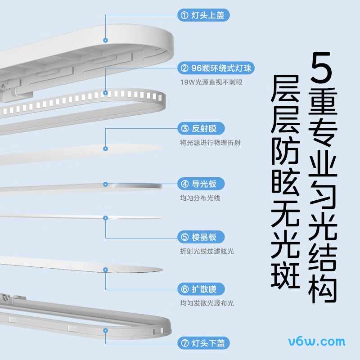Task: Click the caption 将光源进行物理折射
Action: [210, 143]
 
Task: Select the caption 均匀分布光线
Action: [200, 198]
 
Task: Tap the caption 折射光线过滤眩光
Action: [207, 251]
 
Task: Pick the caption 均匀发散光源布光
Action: [207, 303]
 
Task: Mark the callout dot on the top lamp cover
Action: [105, 40]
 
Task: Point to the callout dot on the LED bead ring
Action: [105, 93]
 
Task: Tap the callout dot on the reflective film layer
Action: [105, 148]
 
